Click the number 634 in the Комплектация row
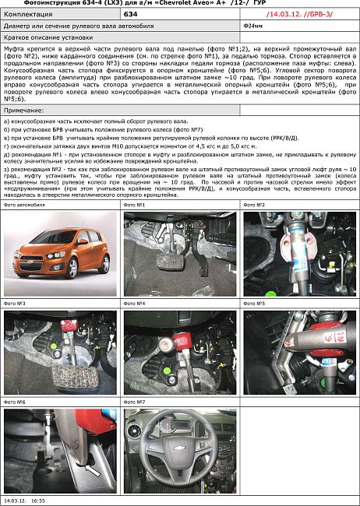(130, 14)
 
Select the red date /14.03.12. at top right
(283, 14)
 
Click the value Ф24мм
(252, 26)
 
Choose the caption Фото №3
(15, 303)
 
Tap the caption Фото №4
(135, 303)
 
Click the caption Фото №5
(255, 303)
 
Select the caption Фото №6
(15, 402)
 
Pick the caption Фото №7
(135, 402)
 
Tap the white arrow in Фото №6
(93, 469)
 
